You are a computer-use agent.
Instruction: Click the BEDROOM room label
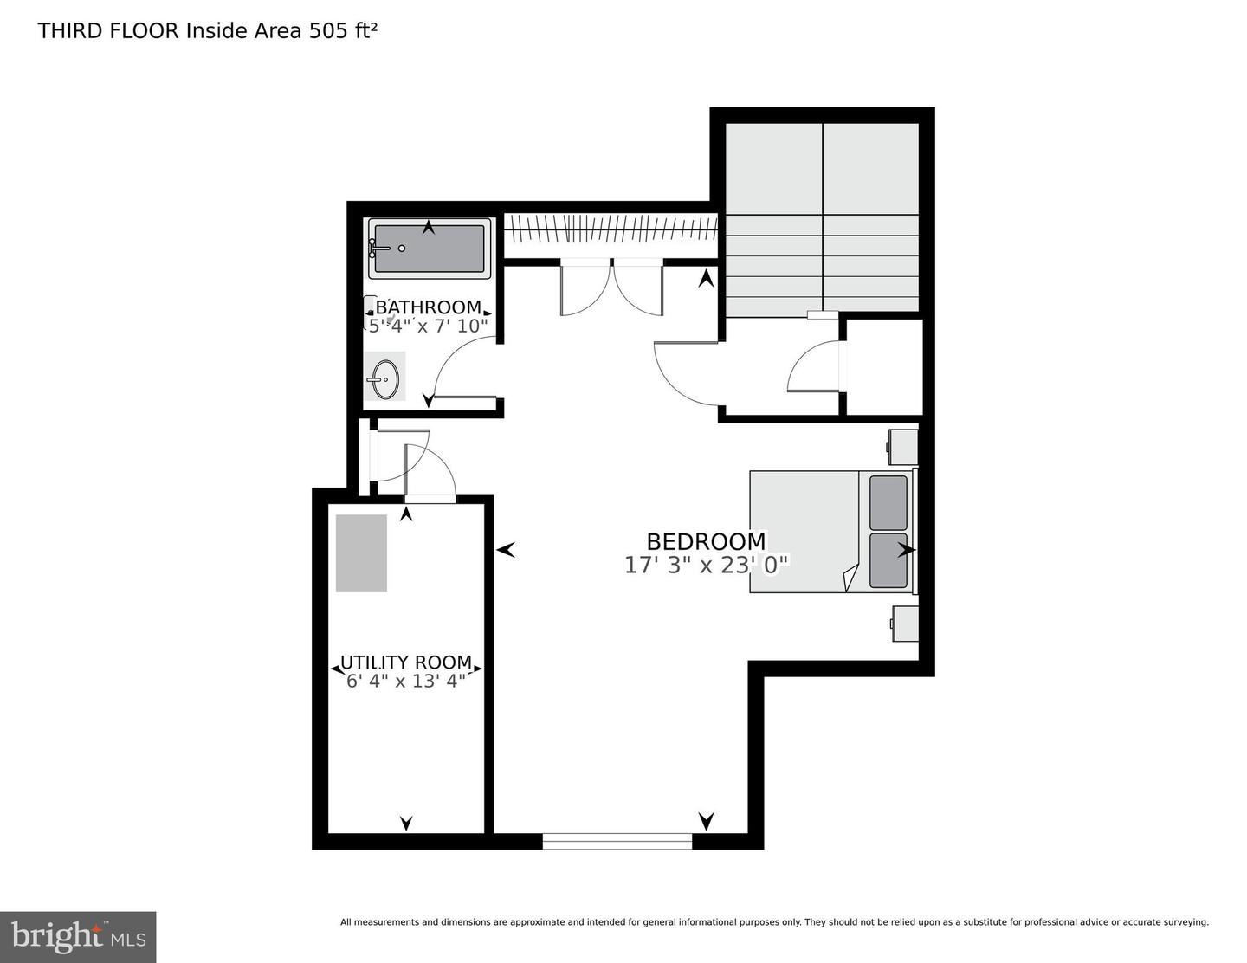click(706, 541)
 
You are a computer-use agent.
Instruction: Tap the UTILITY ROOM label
click(406, 663)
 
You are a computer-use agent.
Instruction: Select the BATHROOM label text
click(428, 307)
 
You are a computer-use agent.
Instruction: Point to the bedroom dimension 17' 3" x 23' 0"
click(706, 566)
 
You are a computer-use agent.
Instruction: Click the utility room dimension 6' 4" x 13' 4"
click(406, 681)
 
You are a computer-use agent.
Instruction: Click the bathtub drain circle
click(402, 249)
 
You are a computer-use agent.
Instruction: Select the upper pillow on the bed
click(888, 502)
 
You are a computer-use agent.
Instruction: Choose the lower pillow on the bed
click(888, 559)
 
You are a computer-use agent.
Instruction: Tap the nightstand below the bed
click(904, 624)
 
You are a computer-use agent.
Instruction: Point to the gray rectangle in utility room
click(361, 553)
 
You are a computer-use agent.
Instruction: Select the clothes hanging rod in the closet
click(611, 231)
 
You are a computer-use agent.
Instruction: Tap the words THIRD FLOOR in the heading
click(109, 31)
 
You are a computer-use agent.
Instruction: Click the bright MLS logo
click(78, 937)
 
